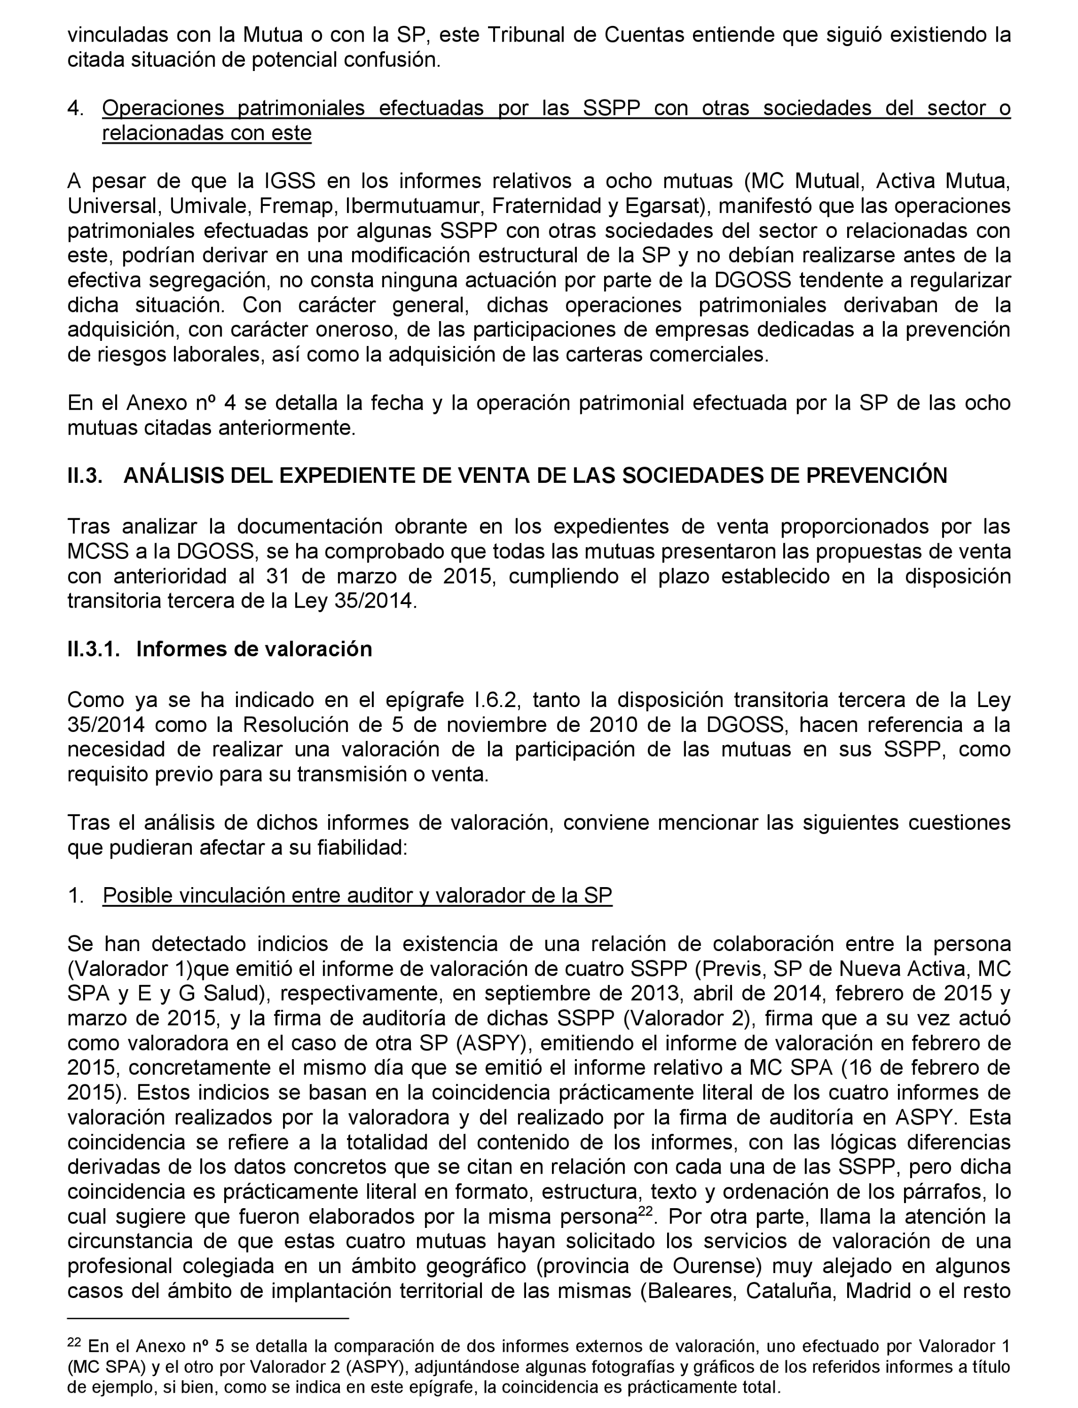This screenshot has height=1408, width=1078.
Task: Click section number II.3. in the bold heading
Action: pyautogui.click(x=85, y=476)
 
